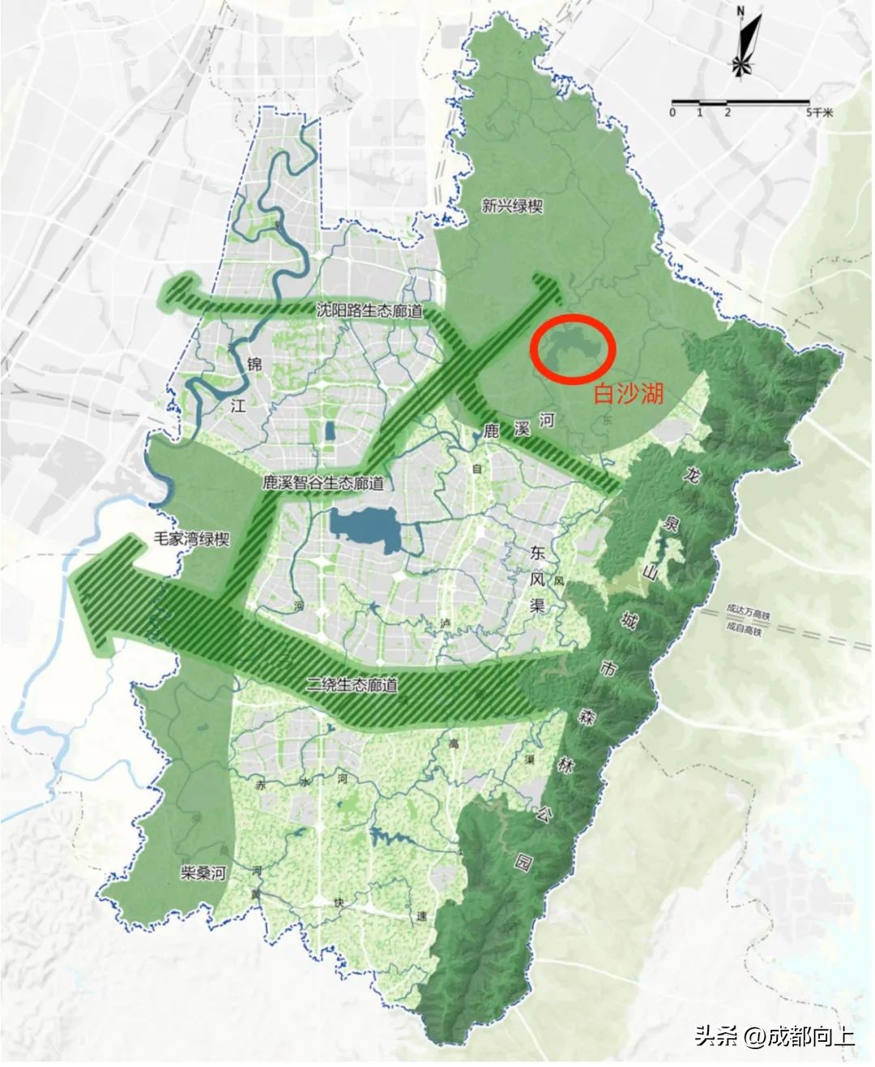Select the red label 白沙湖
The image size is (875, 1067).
(629, 394)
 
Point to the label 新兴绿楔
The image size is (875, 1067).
(511, 207)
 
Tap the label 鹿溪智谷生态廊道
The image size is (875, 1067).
(322, 482)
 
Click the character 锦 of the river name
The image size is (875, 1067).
(254, 365)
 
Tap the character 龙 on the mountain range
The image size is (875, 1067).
(690, 473)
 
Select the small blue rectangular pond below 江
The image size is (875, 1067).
(330, 431)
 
